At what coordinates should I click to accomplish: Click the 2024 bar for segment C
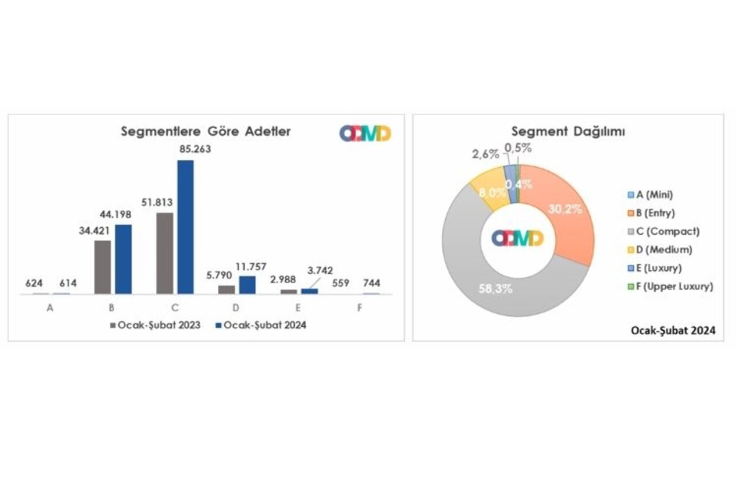coord(185,227)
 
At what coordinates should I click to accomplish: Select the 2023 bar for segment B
coord(102,267)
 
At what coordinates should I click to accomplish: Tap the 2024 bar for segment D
coord(247,285)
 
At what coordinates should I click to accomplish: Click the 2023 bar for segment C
coord(164,253)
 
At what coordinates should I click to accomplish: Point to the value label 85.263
coord(195,149)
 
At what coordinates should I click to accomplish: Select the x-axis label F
coord(359,308)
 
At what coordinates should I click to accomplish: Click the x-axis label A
coord(50,308)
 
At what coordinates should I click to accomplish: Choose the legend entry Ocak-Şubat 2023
coord(155,325)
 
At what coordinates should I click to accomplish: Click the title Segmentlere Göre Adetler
coord(206,131)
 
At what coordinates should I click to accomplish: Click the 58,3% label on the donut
coord(495,288)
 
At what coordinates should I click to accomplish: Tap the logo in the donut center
coord(518,238)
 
